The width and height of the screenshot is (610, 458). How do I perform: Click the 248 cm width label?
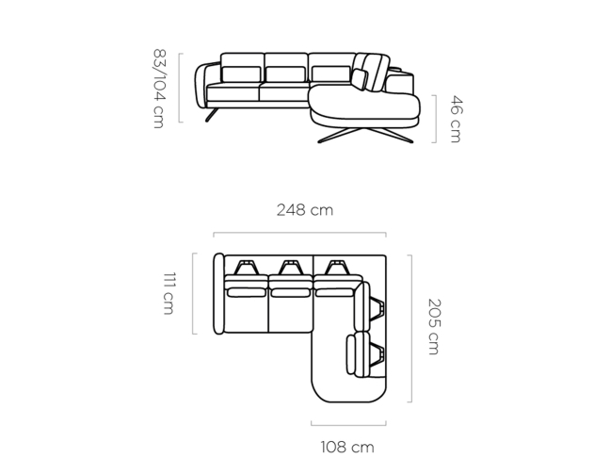[x=305, y=210]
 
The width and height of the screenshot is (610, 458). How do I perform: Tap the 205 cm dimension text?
[x=434, y=327]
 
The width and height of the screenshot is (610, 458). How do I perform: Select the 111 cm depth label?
[x=169, y=293]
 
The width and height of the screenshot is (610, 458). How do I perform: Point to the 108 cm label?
[x=347, y=447]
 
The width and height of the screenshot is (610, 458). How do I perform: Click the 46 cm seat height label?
[x=456, y=119]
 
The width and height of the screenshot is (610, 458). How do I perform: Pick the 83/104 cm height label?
[x=159, y=89]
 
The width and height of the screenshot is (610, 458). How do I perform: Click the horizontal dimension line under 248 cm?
[x=299, y=234]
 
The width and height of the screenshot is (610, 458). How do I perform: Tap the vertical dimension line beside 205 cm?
[x=410, y=328]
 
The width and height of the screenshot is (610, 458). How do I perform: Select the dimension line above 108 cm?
[x=348, y=424]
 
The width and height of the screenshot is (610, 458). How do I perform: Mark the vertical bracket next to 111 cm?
[x=193, y=293]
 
